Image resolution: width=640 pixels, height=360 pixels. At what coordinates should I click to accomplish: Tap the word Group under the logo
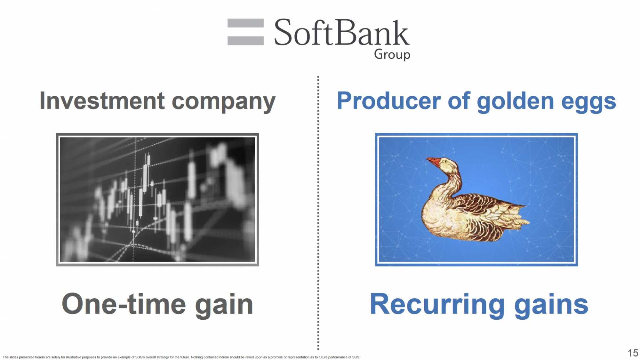tap(392, 54)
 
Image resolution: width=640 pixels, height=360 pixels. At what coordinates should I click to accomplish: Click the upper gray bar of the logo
tap(245, 23)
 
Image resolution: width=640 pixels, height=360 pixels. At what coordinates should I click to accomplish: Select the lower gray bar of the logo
tap(245, 41)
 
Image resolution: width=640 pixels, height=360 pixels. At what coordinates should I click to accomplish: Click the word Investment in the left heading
tap(102, 101)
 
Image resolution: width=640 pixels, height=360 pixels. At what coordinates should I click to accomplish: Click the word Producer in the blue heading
tap(389, 101)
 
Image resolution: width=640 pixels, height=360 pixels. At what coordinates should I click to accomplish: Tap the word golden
tap(515, 102)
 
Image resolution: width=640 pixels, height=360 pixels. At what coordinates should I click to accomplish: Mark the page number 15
tap(633, 353)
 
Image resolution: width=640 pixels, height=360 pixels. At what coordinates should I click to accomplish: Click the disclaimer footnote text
tap(181, 357)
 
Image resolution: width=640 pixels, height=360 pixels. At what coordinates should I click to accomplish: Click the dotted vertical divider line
tap(318, 213)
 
